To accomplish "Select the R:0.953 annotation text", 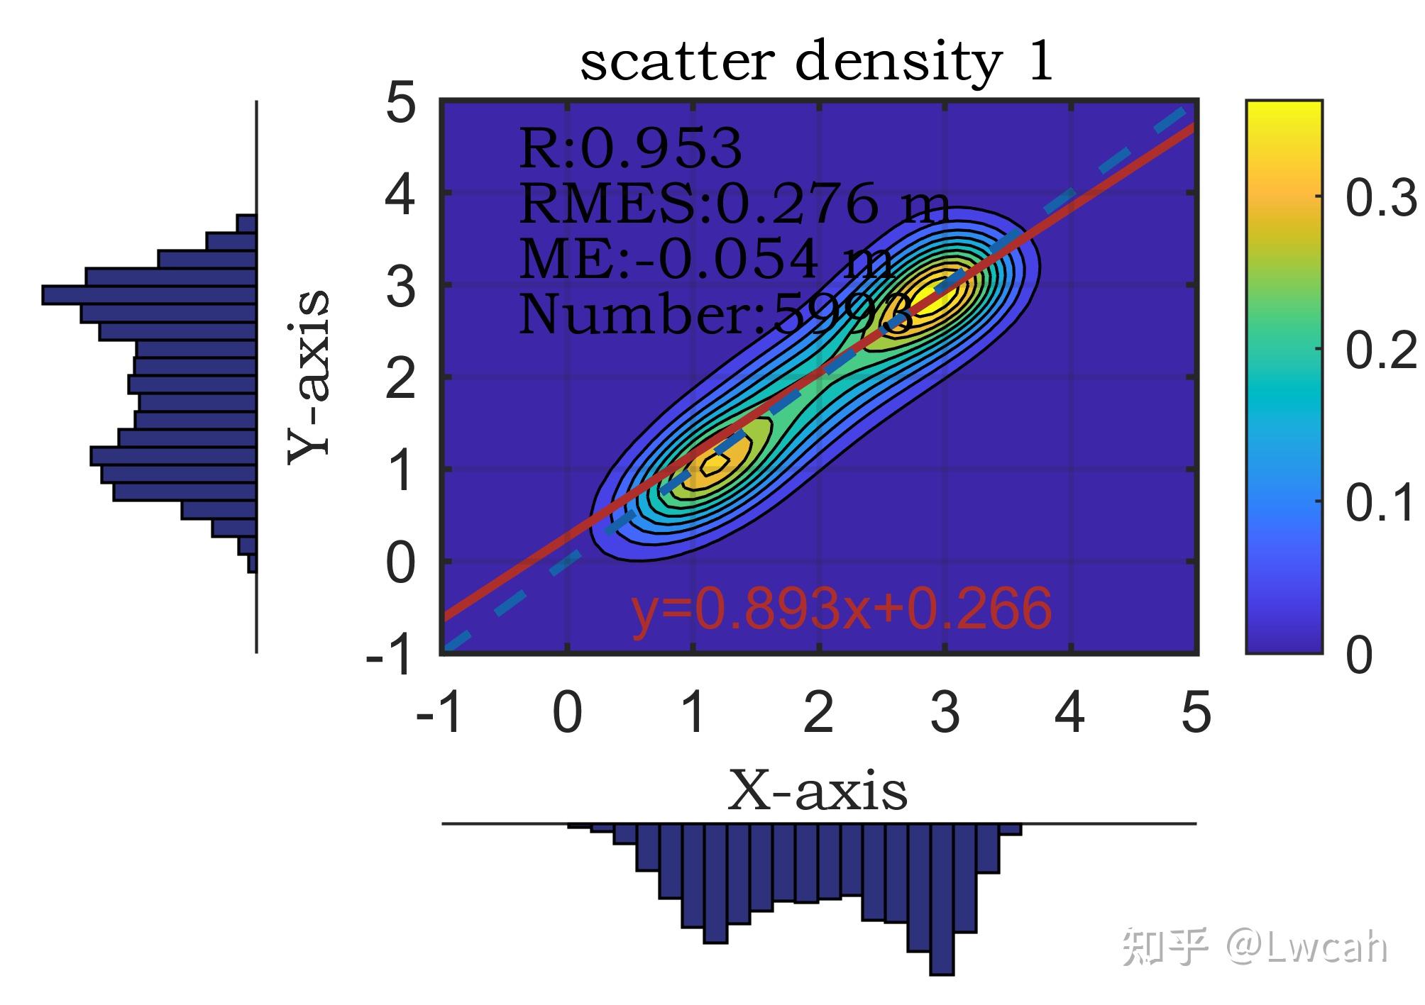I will pyautogui.click(x=630, y=149).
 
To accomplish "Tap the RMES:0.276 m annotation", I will pyautogui.click(x=734, y=204).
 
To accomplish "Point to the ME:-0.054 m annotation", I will pyautogui.click(x=706, y=260).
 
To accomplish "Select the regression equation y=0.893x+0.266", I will pyautogui.click(x=842, y=609).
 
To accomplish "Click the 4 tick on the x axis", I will pyautogui.click(x=1069, y=714).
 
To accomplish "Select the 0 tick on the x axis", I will pyautogui.click(x=567, y=714).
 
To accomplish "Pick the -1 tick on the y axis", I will pyautogui.click(x=389, y=656).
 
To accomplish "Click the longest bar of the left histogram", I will pyautogui.click(x=149, y=295).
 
